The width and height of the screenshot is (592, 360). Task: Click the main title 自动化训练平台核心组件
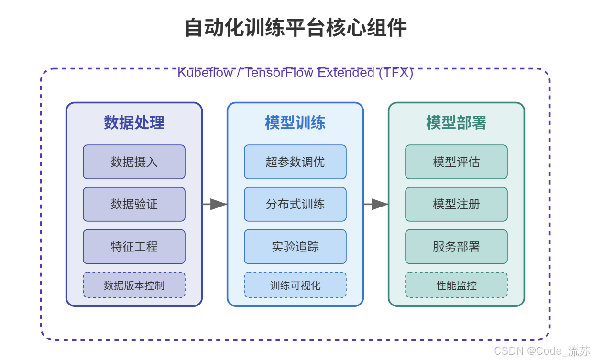click(x=296, y=28)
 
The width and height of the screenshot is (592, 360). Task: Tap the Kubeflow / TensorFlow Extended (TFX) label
click(x=295, y=73)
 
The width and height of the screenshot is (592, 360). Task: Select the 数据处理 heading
click(x=134, y=123)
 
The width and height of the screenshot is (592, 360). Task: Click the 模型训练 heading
click(x=295, y=123)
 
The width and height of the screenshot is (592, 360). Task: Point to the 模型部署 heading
click(x=456, y=123)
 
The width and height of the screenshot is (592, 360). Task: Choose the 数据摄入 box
click(x=134, y=162)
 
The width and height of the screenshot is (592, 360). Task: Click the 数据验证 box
click(x=134, y=204)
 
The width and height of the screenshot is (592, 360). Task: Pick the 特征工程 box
click(x=134, y=247)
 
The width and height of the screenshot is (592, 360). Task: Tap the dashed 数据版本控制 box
click(x=134, y=285)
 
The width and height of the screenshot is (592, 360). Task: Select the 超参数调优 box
click(x=295, y=162)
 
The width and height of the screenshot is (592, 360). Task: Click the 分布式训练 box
click(x=295, y=204)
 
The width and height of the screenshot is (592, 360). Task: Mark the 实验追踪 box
click(x=295, y=247)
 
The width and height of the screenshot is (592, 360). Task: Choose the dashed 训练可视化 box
click(x=295, y=285)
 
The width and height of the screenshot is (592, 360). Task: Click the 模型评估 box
click(x=456, y=162)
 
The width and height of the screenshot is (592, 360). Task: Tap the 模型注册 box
click(x=456, y=204)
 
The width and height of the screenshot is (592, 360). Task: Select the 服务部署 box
click(x=456, y=247)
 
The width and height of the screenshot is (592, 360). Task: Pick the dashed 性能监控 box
click(x=456, y=285)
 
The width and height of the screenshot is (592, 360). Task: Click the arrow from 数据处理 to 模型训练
click(x=215, y=204)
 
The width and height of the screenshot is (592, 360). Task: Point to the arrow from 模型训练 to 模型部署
click(x=376, y=204)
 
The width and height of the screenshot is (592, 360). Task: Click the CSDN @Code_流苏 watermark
click(x=542, y=351)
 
